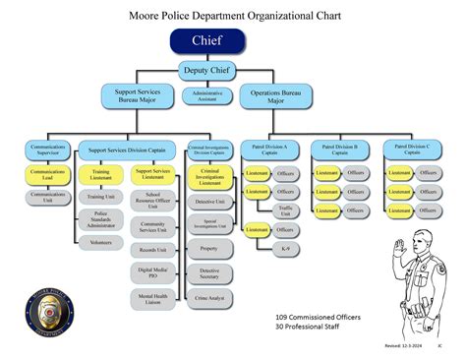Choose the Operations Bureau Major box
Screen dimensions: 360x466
pyautogui.click(x=268, y=95)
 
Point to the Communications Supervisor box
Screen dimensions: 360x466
pyautogui.click(x=47, y=150)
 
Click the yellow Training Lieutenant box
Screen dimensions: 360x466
pyautogui.click(x=99, y=175)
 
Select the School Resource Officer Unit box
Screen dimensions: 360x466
pyautogui.click(x=151, y=202)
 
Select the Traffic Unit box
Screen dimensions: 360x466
pyautogui.click(x=286, y=210)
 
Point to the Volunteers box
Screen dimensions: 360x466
pyautogui.click(x=99, y=241)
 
